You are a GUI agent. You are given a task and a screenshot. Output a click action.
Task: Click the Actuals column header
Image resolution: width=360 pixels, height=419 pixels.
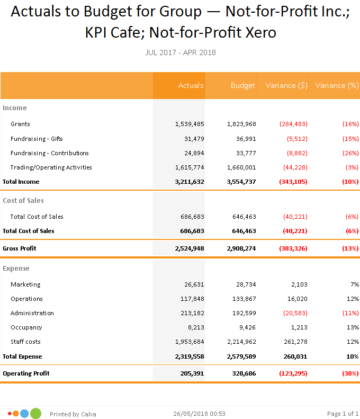(x=191, y=85)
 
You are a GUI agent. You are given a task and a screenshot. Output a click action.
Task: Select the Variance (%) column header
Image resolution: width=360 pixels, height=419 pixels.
(x=337, y=85)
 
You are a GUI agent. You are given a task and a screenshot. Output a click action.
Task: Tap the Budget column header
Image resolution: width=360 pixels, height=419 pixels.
(x=243, y=85)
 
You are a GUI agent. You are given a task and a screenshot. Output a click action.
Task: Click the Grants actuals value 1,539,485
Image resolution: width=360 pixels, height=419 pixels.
(x=189, y=124)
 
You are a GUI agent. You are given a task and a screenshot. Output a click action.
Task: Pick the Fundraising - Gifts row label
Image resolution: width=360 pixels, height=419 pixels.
(x=37, y=139)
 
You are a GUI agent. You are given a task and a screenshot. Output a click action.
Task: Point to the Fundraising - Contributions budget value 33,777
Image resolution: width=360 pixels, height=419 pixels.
(x=244, y=153)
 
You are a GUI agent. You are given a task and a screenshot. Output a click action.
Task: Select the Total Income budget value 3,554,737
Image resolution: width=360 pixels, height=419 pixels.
(x=241, y=182)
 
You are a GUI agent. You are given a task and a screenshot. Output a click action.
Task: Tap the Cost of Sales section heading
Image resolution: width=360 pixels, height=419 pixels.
(x=23, y=201)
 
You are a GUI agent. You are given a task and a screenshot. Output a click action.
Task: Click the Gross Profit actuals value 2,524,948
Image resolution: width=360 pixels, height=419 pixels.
(x=189, y=248)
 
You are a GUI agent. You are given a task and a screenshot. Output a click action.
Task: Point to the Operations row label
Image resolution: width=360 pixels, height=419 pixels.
(x=26, y=299)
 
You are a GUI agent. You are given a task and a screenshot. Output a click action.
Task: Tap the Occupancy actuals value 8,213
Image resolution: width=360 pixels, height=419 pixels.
(x=194, y=327)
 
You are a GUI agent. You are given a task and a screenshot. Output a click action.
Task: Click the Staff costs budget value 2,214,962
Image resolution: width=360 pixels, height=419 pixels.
(x=241, y=342)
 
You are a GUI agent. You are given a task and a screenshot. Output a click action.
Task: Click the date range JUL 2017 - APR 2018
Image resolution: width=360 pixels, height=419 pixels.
(x=180, y=52)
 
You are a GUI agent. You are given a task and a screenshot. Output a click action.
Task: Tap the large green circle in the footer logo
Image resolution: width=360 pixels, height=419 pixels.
(x=35, y=414)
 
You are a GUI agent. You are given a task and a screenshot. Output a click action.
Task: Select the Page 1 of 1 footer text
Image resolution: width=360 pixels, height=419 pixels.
(x=343, y=414)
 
